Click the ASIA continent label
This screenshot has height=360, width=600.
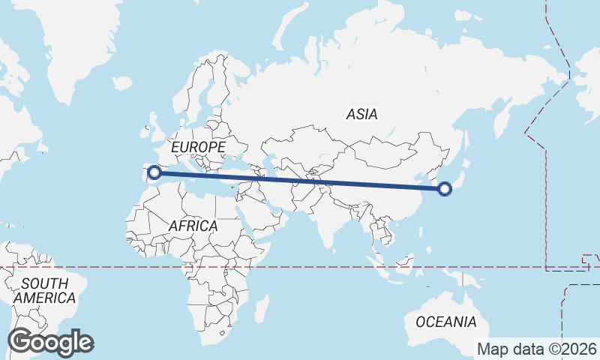[x=361, y=115]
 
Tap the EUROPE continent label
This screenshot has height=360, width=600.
[x=198, y=147]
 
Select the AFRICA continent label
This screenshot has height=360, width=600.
[x=193, y=225]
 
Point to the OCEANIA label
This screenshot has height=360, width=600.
[x=445, y=322]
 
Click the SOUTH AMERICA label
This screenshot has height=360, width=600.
[x=45, y=290]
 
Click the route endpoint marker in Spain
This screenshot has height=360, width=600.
[x=154, y=172]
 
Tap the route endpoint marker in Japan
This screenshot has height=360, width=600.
[x=445, y=189]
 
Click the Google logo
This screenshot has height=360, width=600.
[x=50, y=342]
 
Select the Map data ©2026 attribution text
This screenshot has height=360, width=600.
[x=537, y=349]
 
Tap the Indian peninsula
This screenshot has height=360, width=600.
[x=328, y=225]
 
